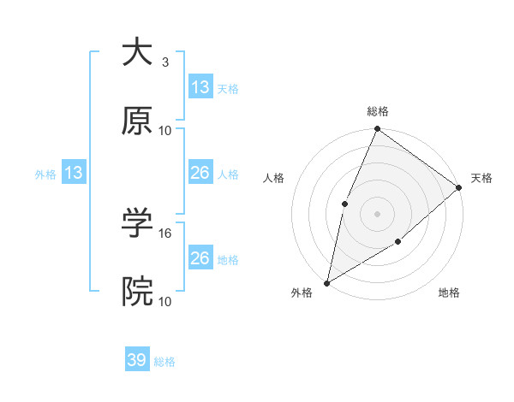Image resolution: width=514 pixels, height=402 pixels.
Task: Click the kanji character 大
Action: click(x=137, y=53)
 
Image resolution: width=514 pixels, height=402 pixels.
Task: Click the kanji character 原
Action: click(x=137, y=121)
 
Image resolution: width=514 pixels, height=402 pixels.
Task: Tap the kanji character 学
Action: click(x=137, y=223)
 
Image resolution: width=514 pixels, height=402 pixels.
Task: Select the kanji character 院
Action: click(x=137, y=292)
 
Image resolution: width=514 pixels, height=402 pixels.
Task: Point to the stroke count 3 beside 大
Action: click(x=164, y=62)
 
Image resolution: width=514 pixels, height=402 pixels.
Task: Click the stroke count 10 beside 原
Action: click(x=165, y=130)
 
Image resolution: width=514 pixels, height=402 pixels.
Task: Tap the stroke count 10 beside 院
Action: click(x=165, y=301)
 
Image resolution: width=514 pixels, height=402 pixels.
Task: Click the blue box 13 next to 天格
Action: click(x=200, y=87)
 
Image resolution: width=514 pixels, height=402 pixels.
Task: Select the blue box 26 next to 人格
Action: click(x=200, y=173)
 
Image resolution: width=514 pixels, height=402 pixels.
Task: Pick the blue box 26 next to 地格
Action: click(x=200, y=258)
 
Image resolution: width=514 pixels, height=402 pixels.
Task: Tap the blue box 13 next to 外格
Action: click(x=74, y=173)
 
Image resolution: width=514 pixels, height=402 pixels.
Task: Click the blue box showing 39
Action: click(x=137, y=360)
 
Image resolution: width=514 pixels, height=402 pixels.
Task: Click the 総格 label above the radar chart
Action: click(x=378, y=111)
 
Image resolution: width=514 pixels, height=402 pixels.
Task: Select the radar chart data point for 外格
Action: click(x=326, y=282)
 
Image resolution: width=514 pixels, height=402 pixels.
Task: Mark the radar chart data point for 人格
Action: click(x=344, y=204)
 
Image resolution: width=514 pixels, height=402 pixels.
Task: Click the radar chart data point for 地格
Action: click(x=398, y=243)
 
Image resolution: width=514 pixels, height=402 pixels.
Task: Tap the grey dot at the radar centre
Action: click(x=377, y=213)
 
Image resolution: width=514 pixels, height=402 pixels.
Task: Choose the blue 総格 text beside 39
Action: click(x=164, y=362)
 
